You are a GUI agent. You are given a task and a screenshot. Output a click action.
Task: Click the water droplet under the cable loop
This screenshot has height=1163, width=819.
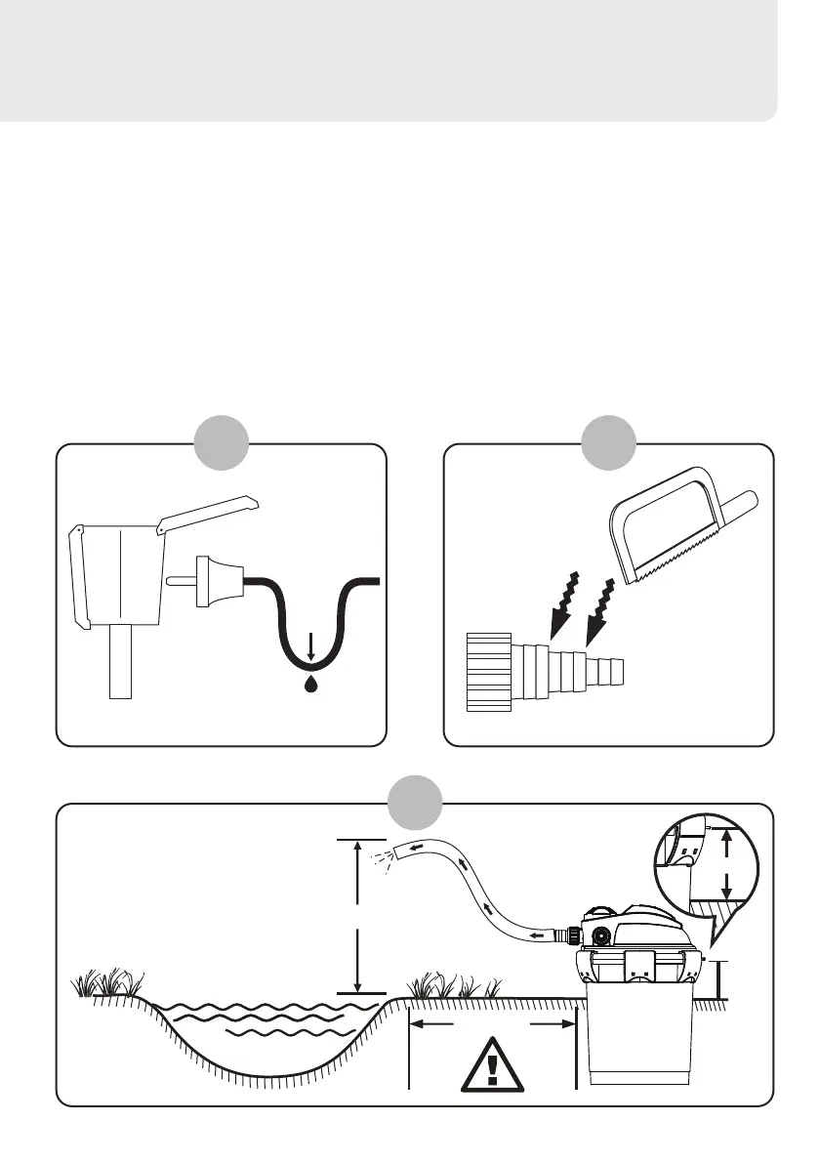coord(310,684)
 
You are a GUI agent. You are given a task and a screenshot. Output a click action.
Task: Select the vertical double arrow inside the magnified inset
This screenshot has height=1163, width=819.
coord(726,864)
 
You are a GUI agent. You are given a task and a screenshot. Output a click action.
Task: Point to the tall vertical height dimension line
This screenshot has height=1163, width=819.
coord(359,915)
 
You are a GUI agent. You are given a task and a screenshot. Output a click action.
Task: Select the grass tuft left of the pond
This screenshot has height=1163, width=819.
coord(102,981)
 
